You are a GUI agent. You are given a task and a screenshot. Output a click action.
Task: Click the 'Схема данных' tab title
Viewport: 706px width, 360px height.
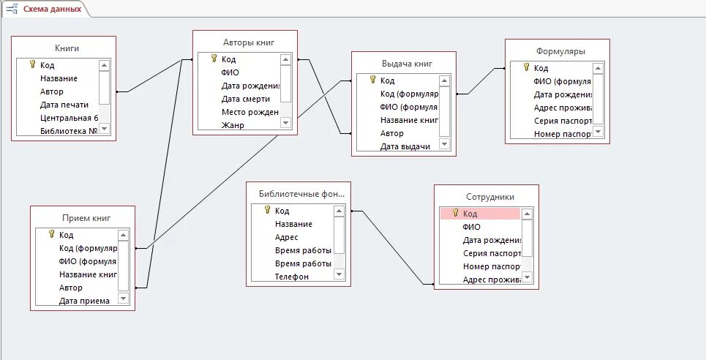[51, 10]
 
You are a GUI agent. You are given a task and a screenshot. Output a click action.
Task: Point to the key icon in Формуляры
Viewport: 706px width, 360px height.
[526, 68]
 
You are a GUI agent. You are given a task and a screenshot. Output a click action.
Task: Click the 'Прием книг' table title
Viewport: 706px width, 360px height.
[83, 218]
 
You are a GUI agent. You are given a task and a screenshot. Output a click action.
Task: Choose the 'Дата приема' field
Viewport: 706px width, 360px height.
[84, 301]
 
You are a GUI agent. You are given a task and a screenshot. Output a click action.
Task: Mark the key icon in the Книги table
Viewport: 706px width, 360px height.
[32, 65]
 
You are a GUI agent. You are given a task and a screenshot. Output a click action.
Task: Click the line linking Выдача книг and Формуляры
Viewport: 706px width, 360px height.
[481, 81]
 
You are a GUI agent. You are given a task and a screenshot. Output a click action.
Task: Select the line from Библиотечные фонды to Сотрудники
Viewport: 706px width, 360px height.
[388, 247]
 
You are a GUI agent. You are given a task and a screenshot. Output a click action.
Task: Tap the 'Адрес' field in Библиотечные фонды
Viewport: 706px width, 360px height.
[287, 237]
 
